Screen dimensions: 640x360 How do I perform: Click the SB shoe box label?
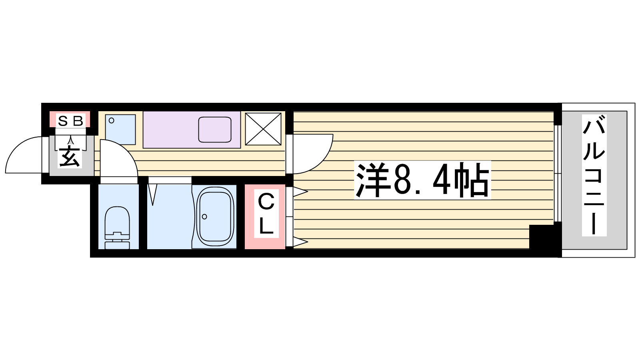tap(70, 121)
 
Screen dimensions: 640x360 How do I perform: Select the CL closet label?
tap(266, 214)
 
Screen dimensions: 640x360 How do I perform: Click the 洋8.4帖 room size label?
tap(422, 180)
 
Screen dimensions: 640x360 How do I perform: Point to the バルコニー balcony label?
tap(594, 175)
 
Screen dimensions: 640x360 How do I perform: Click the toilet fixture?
tap(117, 228)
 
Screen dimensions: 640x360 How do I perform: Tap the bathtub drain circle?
tap(204, 216)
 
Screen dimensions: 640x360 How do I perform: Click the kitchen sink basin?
tap(215, 130)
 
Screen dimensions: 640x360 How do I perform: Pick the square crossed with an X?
tap(263, 129)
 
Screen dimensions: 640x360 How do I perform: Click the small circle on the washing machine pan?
tap(112, 120)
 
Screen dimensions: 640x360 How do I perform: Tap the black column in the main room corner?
tap(542, 237)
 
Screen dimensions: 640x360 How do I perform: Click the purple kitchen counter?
tap(192, 130)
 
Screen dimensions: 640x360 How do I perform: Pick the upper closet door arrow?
tap(300, 192)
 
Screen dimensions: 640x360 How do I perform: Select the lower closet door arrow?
tap(300, 242)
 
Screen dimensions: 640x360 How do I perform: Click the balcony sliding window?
tap(558, 174)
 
